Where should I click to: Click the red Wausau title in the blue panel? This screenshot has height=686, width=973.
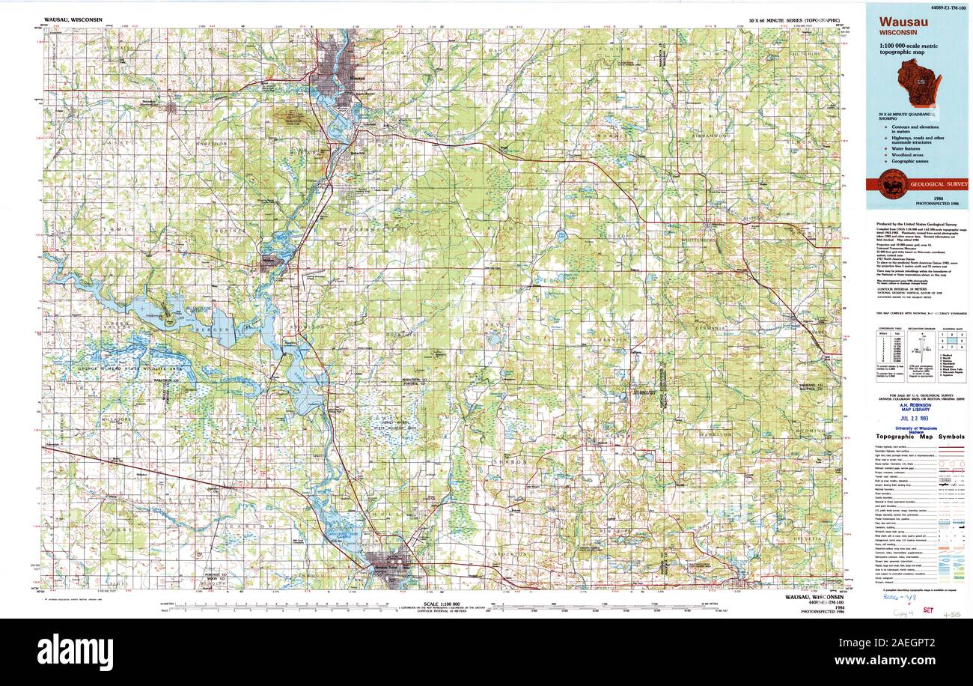tap(903, 22)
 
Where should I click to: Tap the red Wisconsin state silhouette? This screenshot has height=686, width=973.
tap(919, 82)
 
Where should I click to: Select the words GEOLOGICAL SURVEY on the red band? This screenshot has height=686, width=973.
tap(938, 183)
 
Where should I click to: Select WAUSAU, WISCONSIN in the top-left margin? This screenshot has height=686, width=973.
tap(73, 20)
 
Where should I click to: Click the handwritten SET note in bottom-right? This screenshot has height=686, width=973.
tap(928, 611)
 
